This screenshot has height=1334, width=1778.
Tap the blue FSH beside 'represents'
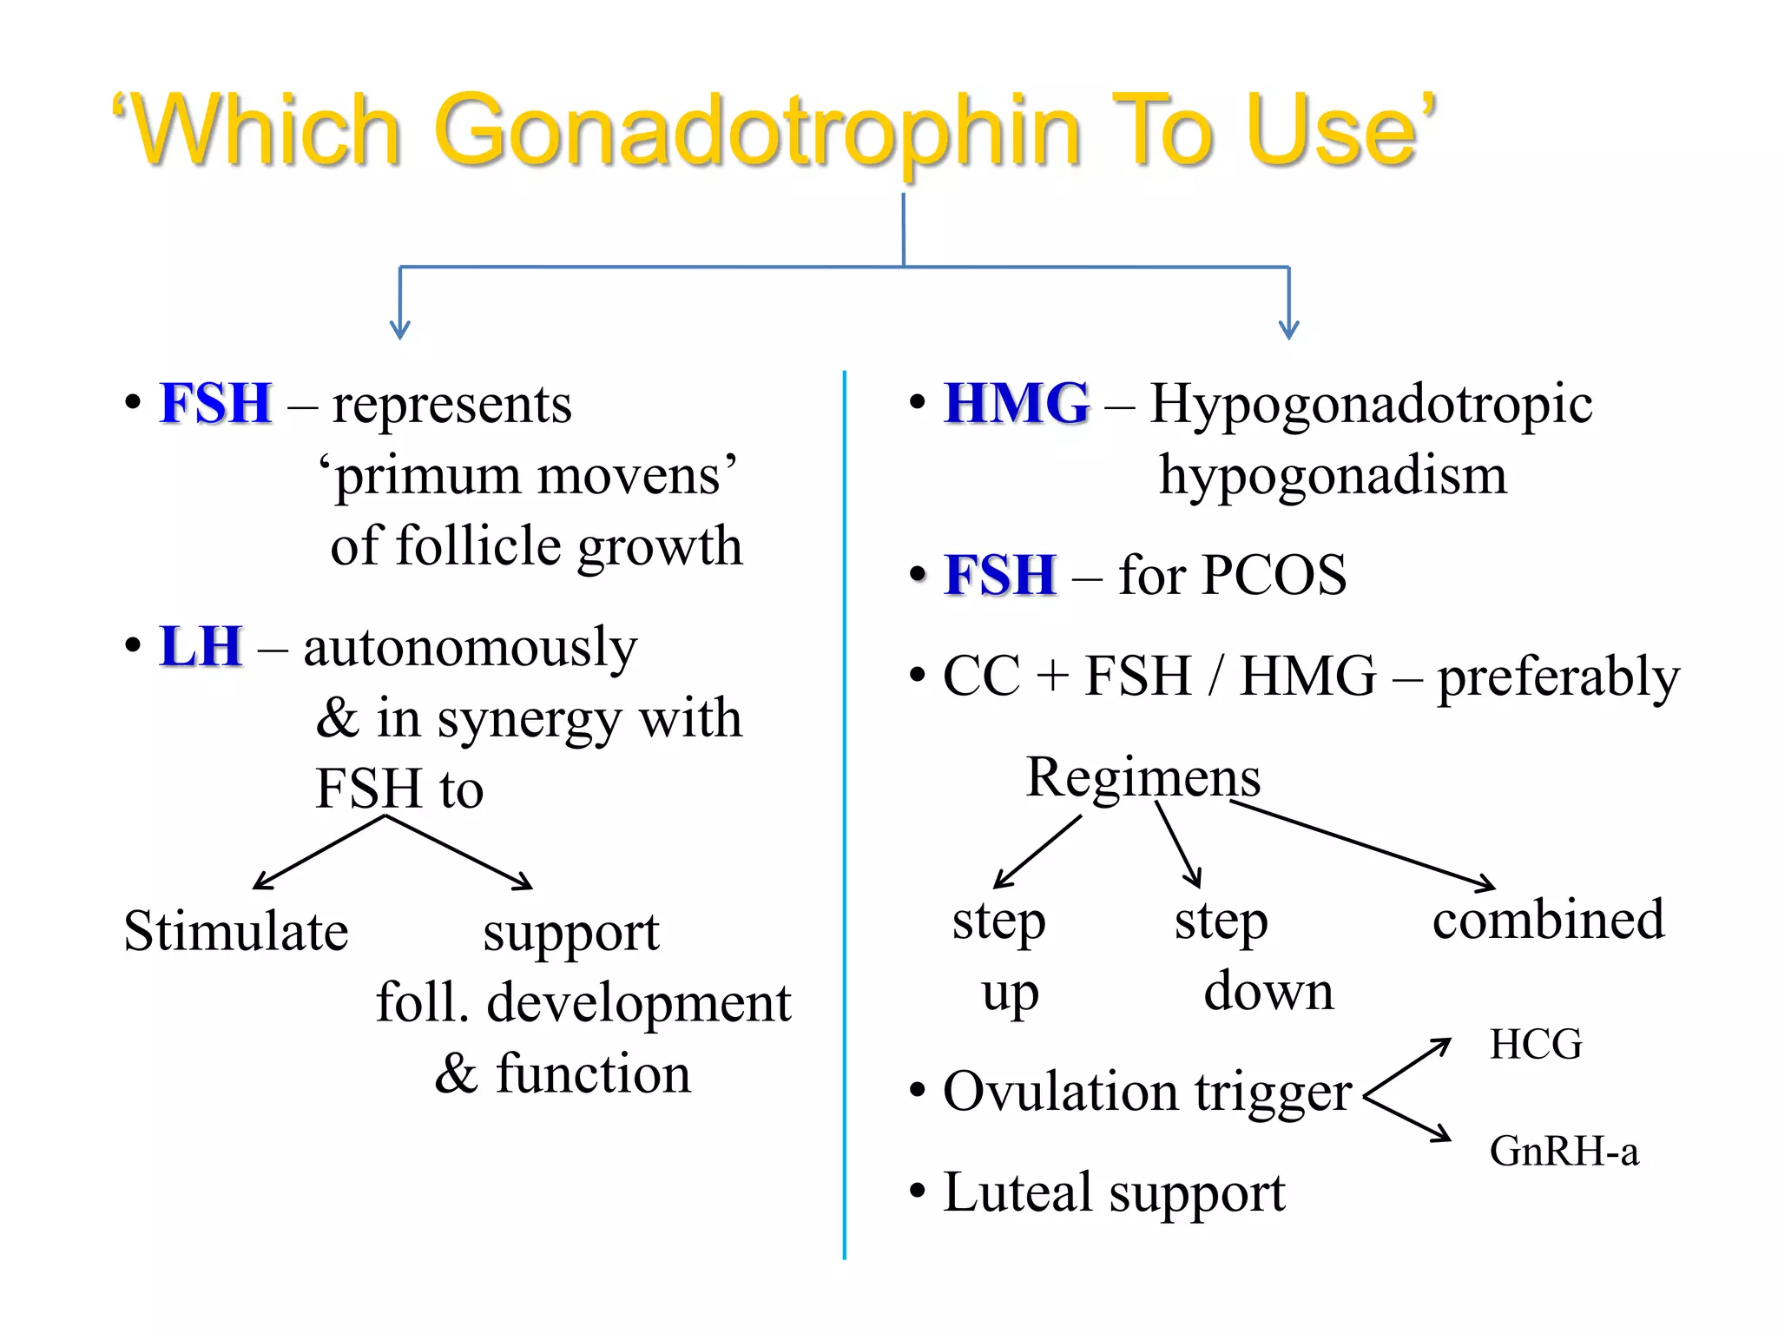(x=215, y=404)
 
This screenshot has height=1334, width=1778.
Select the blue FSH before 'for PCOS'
(x=1000, y=575)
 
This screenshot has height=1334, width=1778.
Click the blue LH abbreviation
(x=200, y=647)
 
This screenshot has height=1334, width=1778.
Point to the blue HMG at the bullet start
(x=1017, y=404)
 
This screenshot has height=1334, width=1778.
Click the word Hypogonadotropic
(x=1371, y=406)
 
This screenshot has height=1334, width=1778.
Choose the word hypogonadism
(x=1333, y=476)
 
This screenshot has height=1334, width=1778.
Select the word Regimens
(x=1143, y=776)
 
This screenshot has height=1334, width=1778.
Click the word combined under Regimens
(x=1548, y=920)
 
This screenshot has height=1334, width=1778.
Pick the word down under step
(x=1268, y=991)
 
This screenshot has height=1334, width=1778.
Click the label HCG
(x=1536, y=1044)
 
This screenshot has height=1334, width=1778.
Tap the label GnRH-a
(x=1564, y=1152)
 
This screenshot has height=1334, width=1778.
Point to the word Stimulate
(x=236, y=932)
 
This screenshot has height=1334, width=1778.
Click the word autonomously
(x=470, y=649)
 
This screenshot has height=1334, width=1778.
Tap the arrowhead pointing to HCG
(x=1442, y=1045)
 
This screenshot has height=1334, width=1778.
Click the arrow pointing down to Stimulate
(x=319, y=853)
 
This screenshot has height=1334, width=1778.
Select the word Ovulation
(x=1059, y=1092)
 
